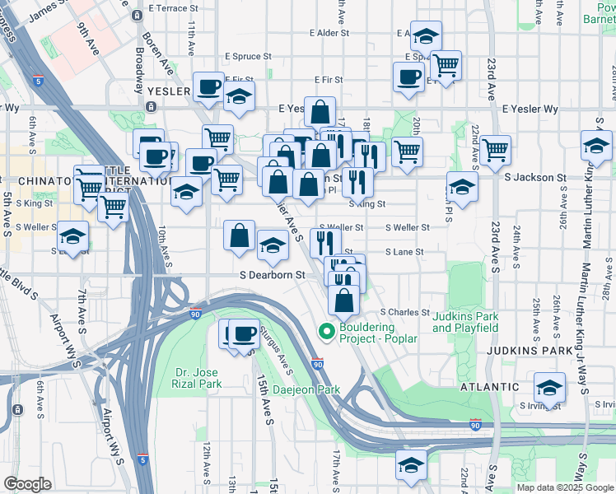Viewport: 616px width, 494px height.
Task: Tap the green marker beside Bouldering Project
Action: [x=326, y=333]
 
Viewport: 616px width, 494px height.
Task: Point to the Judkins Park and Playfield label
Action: [x=465, y=322]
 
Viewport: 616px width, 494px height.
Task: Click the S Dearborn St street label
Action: [x=273, y=275]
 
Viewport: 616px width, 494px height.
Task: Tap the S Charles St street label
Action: [x=404, y=312]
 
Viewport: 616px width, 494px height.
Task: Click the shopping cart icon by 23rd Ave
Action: [x=496, y=149]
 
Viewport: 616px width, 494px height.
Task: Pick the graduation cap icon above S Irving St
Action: [x=549, y=387]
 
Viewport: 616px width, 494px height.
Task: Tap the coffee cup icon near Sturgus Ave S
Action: [x=244, y=333]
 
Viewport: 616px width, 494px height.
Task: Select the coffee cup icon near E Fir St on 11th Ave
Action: [x=208, y=86]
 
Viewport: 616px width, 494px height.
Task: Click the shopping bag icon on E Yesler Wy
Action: [x=320, y=110]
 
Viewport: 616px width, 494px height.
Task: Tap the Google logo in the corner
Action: [x=28, y=484]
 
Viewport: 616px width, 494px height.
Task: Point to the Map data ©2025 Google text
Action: [x=565, y=487]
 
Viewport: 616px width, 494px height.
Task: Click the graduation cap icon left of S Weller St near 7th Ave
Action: [x=72, y=238]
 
